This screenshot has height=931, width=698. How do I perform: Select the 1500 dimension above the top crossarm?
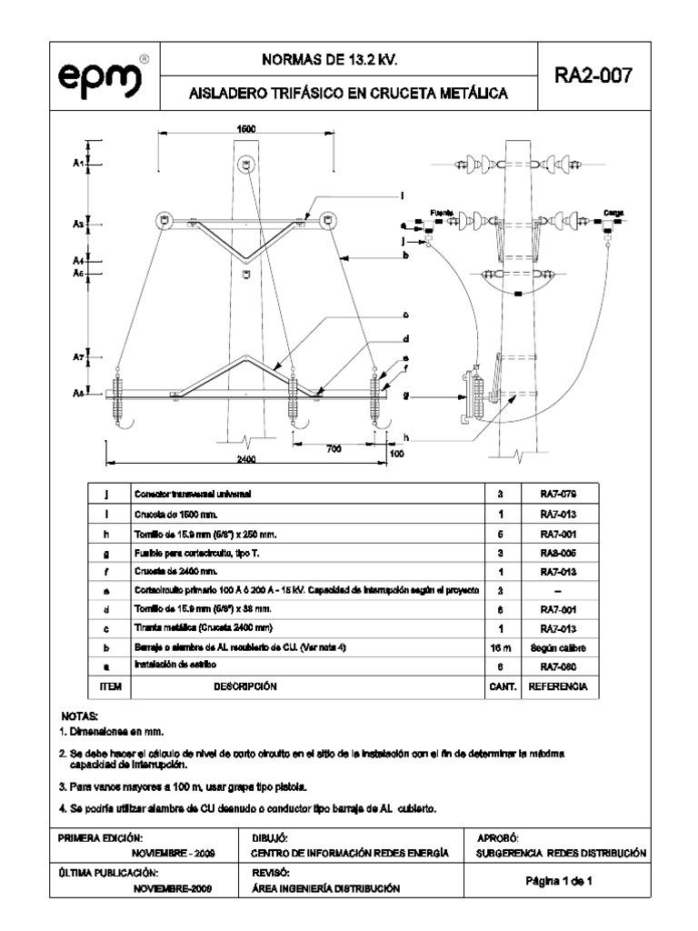click(x=245, y=129)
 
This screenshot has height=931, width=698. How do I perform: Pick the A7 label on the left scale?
click(x=78, y=358)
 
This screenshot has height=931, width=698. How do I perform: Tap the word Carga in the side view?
click(x=612, y=212)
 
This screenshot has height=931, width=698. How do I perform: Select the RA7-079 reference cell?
click(x=558, y=493)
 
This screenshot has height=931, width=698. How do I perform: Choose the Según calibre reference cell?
click(x=558, y=646)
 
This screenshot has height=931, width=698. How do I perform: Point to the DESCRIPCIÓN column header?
click(x=244, y=687)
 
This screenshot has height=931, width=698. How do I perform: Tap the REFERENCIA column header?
click(x=558, y=687)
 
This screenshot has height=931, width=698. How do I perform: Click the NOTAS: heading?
click(x=78, y=717)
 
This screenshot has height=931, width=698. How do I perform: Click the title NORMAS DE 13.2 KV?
click(x=330, y=61)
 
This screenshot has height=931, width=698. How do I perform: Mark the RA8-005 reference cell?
click(x=558, y=551)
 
